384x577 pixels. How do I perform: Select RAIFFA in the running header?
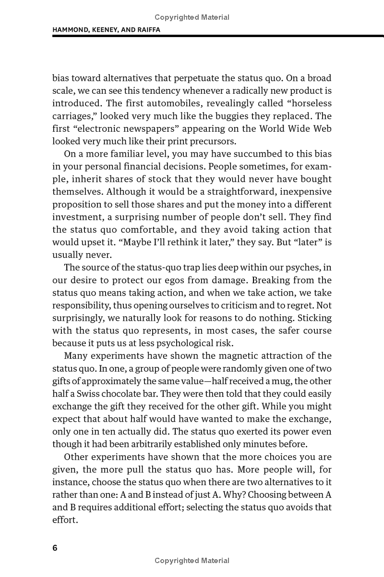pyautogui.click(x=146, y=29)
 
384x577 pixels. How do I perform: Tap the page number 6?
pyautogui.click(x=55, y=548)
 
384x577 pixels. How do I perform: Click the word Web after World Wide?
pyautogui.click(x=323, y=129)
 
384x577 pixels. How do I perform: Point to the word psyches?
pyautogui.click(x=300, y=267)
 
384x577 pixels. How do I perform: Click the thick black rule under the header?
pyautogui.click(x=216, y=36)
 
